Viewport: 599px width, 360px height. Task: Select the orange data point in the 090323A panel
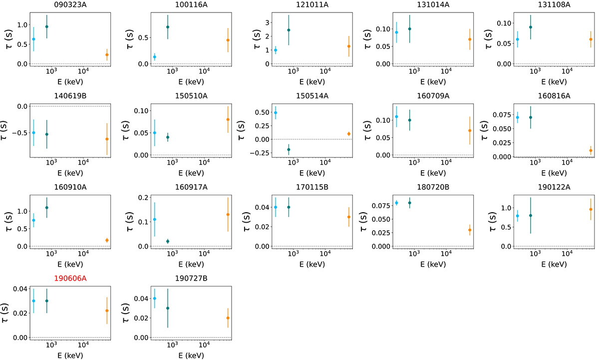point(107,55)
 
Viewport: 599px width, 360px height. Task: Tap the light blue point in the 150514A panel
point(276,113)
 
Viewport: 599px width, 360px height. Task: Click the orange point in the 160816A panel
point(591,150)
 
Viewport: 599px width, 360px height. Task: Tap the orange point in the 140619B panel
point(107,139)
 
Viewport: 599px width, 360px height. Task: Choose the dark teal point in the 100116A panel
point(168,27)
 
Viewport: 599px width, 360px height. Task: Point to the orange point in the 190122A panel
point(591,209)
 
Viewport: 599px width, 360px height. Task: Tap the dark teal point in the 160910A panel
point(47,208)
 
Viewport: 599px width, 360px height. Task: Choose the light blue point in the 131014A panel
point(397,32)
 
